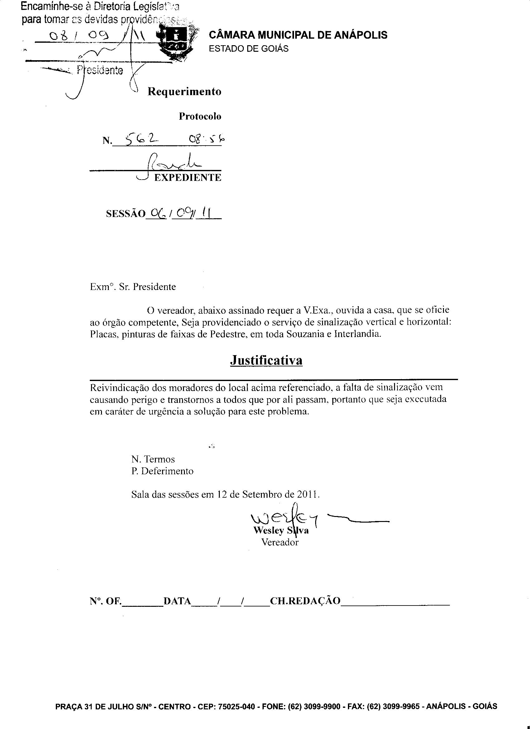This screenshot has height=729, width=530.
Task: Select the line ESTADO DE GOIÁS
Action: point(248,49)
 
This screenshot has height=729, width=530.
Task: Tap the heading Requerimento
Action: point(184,92)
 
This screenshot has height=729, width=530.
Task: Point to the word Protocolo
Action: point(200,116)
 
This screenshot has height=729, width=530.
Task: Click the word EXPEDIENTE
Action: point(188,178)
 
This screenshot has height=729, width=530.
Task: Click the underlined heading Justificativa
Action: point(266,360)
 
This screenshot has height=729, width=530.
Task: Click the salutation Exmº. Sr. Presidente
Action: point(133,287)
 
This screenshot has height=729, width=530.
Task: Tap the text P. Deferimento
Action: point(162,471)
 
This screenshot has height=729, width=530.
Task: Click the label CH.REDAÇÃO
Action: point(305,601)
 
